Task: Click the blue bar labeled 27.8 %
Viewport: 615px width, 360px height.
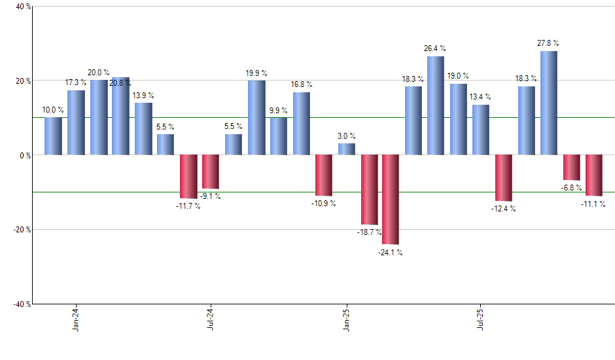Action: (x=549, y=103)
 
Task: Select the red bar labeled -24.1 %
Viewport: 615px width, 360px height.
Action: (x=391, y=199)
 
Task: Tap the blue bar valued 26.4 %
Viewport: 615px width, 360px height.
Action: (x=436, y=105)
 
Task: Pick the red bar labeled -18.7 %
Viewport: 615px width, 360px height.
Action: (x=369, y=189)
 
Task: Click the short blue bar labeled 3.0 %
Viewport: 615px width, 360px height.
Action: (x=347, y=149)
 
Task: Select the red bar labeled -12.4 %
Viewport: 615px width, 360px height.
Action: (x=504, y=177)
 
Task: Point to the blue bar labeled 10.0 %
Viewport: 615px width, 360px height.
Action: (x=53, y=136)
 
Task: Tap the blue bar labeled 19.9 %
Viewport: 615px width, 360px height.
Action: (x=256, y=118)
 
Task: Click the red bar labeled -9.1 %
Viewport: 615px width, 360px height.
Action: (x=211, y=171)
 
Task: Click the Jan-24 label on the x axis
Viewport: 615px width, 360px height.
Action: (x=76, y=319)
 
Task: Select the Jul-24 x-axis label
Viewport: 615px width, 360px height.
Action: (x=211, y=319)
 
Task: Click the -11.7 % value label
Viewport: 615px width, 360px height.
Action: (x=188, y=206)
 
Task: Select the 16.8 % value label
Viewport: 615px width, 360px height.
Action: (x=302, y=84)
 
